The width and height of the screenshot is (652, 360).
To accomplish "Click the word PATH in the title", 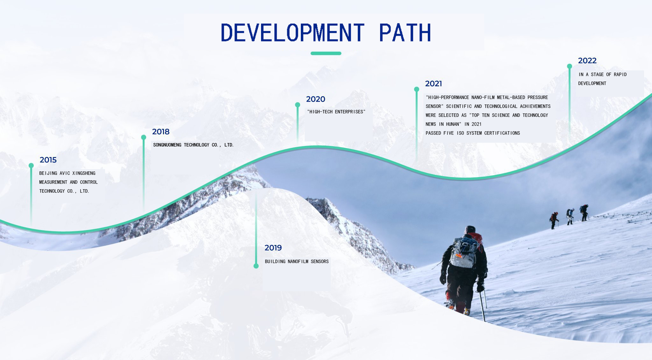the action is coord(405,32).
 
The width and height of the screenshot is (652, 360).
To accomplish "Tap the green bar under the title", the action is coord(326,53).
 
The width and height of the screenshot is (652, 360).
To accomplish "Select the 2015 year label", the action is coord(48,160).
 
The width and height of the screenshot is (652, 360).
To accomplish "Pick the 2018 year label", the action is coord(161,132).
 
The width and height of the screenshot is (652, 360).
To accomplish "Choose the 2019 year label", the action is coord(273,248).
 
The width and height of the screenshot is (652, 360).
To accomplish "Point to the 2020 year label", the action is coord(315,99).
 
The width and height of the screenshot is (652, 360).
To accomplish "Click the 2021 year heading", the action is coord(434,83).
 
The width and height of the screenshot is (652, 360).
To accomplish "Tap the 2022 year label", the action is coord(587,61).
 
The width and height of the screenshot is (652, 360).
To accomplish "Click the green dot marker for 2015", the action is coord(31,165).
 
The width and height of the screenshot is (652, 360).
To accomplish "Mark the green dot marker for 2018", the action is coord(144,137).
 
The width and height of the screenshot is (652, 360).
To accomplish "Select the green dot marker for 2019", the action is coord(256,266).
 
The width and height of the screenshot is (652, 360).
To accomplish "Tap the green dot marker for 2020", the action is coord(298,105).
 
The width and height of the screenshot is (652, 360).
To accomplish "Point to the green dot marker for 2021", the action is coord(416,89).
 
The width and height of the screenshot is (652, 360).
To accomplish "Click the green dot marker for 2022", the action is coord(570,66).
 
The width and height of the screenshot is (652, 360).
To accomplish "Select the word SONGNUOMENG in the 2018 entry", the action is coord(167,145).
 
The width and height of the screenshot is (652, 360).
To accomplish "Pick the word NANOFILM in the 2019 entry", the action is coord(298,262).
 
